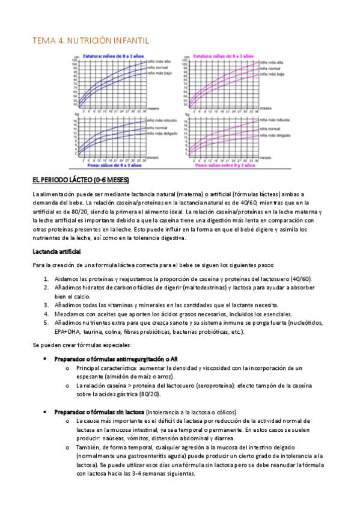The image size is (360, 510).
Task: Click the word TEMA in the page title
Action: pyautogui.click(x=43, y=40)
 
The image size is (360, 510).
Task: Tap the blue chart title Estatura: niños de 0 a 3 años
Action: pyautogui.click(x=113, y=55)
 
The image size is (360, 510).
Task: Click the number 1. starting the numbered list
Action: pyautogui.click(x=47, y=279)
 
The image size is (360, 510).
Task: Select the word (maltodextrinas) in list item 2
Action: pyautogui.click(x=182, y=288)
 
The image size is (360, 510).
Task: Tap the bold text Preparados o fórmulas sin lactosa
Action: pyautogui.click(x=99, y=412)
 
